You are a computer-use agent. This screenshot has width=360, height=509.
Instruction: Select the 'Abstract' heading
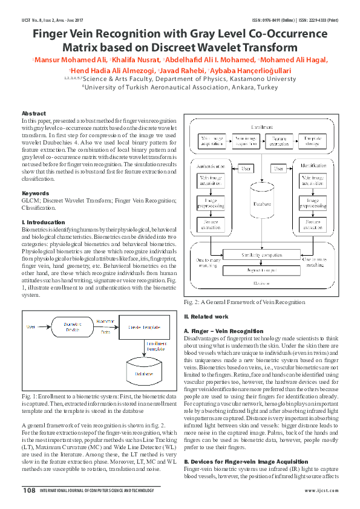point(33,114)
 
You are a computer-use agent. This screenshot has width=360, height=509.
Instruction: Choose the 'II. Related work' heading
point(207,317)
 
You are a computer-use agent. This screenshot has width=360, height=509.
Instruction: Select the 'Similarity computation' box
point(262,256)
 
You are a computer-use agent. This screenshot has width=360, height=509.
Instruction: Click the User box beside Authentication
point(246,168)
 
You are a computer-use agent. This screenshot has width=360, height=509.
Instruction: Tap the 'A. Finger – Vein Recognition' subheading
point(223,331)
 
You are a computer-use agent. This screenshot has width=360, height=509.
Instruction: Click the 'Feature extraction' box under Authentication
point(211,224)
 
